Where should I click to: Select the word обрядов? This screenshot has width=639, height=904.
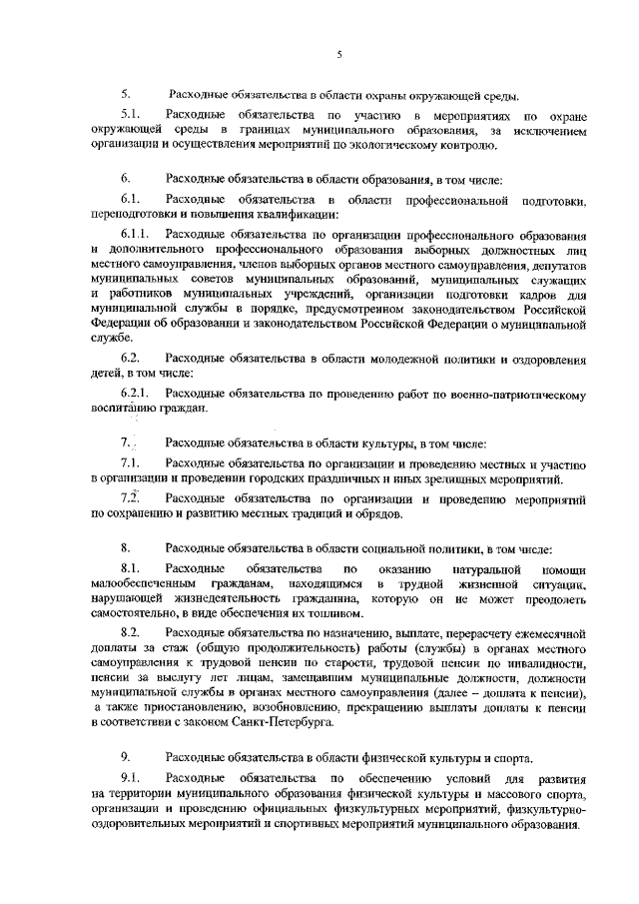(374, 514)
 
